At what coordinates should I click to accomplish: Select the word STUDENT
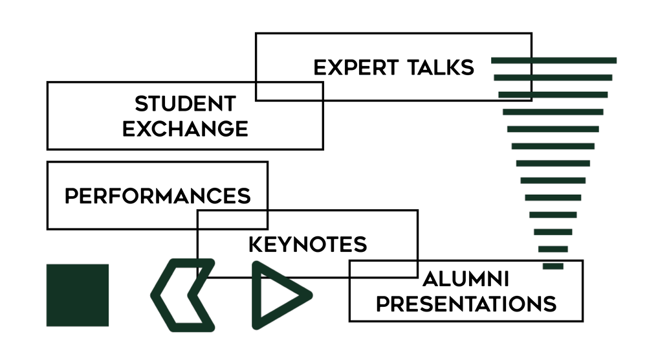tap(185, 104)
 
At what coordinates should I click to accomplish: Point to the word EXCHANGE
tap(185, 128)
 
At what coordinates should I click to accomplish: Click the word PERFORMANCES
tap(157, 196)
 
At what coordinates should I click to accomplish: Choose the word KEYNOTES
tap(307, 244)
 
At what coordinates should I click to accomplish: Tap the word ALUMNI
tap(466, 279)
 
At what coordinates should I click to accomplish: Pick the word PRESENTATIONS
tap(466, 303)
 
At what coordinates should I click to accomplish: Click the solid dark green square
tap(78, 295)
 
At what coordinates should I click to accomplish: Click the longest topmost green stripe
tap(554, 60)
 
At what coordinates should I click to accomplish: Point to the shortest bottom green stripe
tap(553, 266)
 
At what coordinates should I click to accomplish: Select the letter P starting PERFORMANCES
tap(71, 196)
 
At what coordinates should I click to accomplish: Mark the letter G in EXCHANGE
tap(221, 128)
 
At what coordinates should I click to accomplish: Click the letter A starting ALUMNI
tap(429, 279)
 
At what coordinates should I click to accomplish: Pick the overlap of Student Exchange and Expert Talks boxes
tap(289, 91)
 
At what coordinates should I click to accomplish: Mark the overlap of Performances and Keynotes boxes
tap(232, 219)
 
